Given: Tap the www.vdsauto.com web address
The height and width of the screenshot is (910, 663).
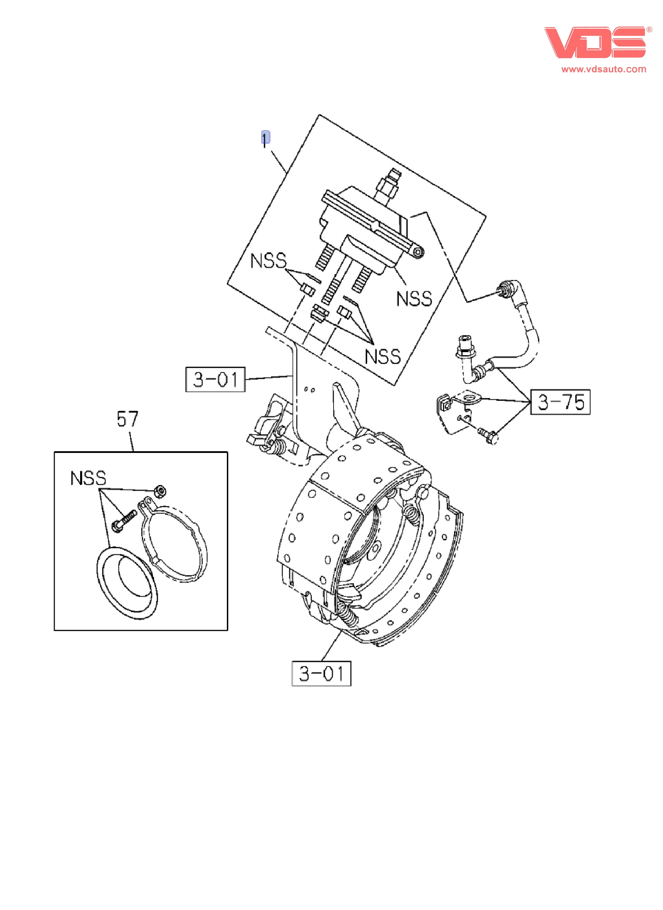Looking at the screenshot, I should tap(604, 69).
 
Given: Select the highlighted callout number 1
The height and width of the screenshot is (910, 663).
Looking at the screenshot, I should tap(265, 138).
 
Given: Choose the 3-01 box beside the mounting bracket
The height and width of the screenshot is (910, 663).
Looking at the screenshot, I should tap(215, 379).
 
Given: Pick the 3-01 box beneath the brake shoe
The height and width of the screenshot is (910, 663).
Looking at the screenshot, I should tap(321, 674).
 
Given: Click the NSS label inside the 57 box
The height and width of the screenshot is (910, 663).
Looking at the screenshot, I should tap(88, 478).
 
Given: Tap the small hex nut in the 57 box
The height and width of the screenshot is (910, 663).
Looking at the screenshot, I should tap(161, 491).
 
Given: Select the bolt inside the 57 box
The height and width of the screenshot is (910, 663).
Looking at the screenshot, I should tap(124, 521).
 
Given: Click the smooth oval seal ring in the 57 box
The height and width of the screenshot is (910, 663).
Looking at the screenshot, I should tap(127, 583).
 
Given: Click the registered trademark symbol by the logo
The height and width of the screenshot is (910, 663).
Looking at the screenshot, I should tap(649, 30).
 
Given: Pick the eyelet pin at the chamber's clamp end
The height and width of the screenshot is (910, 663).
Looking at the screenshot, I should tap(418, 252).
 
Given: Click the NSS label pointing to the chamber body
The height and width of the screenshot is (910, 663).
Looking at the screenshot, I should tap(414, 299).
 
